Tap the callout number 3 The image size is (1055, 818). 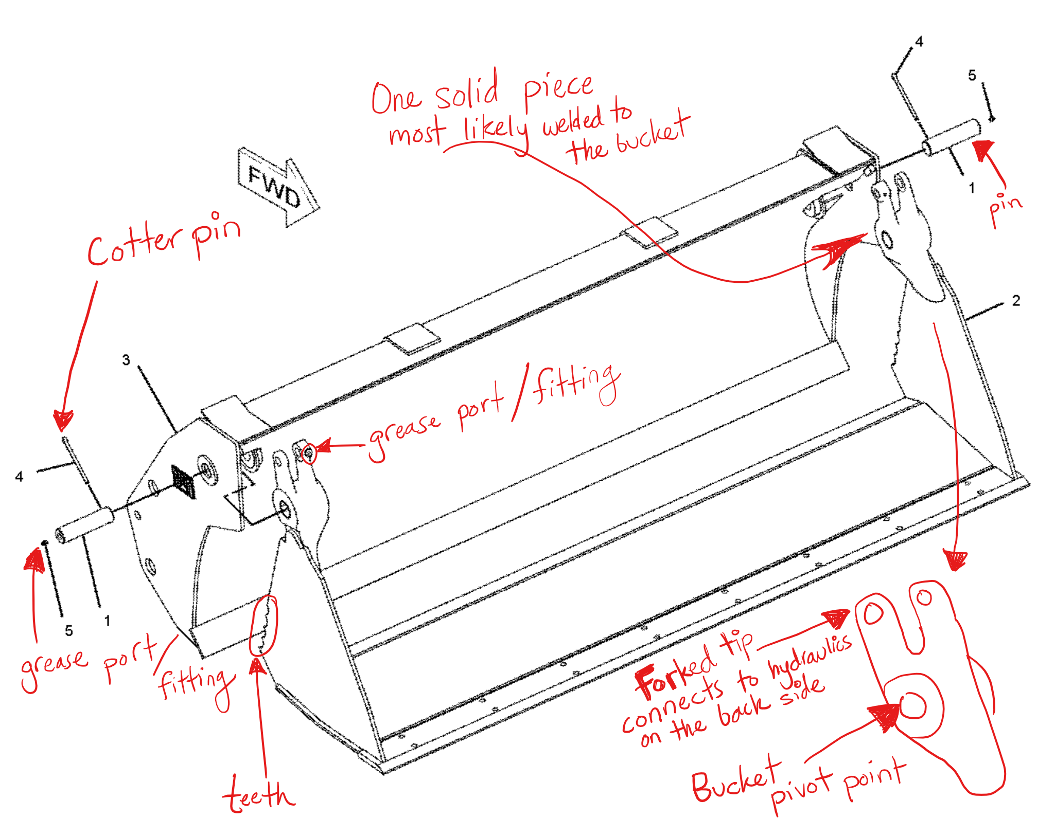[126, 360]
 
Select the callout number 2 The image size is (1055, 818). [1016, 301]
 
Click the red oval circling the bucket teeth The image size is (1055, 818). [263, 625]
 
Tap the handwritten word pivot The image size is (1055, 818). [800, 789]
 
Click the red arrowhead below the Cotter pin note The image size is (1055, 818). [63, 421]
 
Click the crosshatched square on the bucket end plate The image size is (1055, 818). [184, 482]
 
